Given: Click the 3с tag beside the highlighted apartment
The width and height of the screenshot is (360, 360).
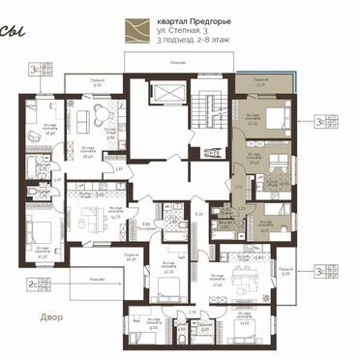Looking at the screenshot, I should click(319, 122).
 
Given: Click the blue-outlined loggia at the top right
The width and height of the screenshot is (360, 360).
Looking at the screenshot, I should click(262, 85).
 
